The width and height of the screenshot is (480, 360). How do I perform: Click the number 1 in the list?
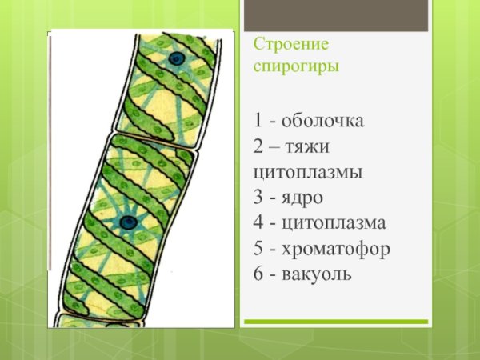click(x=258, y=121)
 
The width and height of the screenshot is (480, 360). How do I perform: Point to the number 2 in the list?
click(x=258, y=146)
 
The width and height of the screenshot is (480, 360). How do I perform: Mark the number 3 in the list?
click(x=258, y=197)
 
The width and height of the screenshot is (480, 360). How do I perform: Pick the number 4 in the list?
click(x=258, y=222)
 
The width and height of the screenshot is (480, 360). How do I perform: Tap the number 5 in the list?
click(x=258, y=248)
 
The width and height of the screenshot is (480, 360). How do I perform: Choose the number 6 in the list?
click(x=258, y=274)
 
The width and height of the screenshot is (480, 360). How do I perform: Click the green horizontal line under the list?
click(x=352, y=322)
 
